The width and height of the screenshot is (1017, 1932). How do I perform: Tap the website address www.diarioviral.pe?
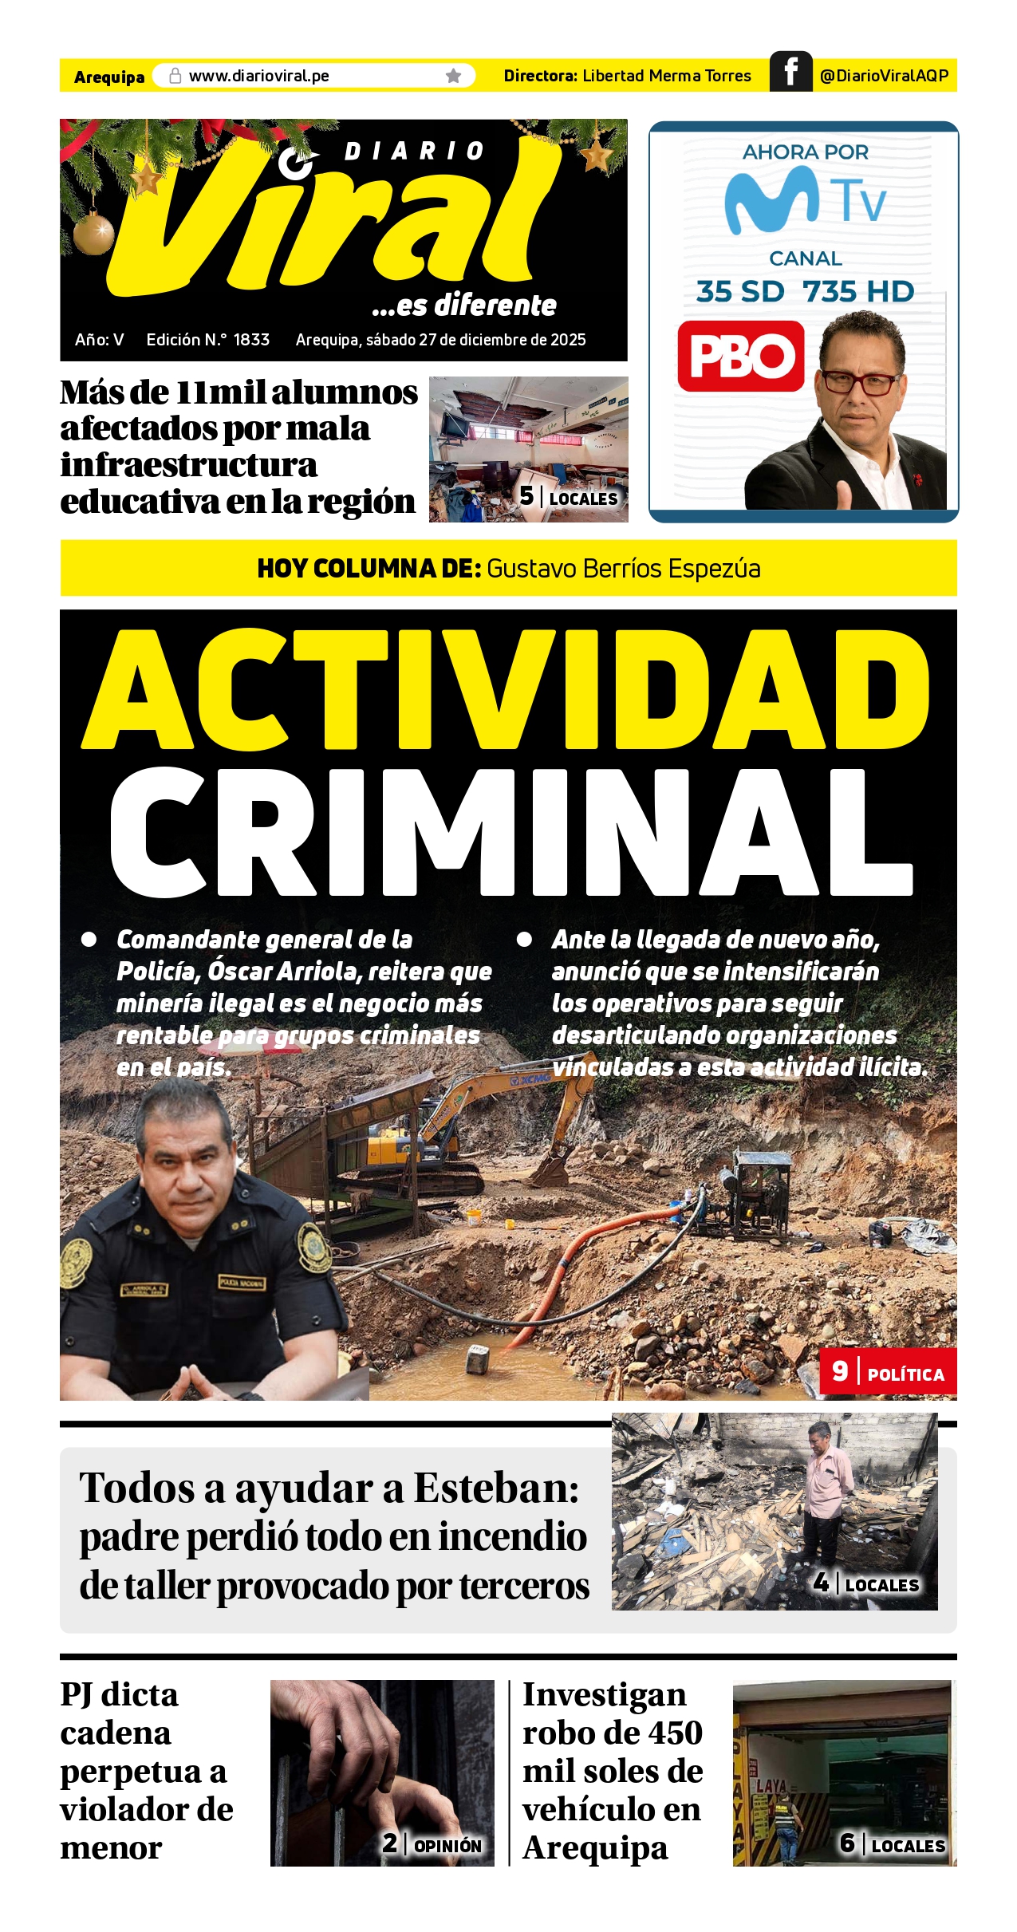(258, 76)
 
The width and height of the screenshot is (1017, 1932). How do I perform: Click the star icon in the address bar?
(453, 76)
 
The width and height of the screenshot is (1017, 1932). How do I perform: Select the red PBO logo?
(741, 356)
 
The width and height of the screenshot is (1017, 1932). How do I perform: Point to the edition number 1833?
(251, 340)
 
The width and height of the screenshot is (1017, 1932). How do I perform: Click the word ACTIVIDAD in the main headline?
(507, 690)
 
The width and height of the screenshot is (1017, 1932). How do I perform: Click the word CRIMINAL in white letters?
(510, 834)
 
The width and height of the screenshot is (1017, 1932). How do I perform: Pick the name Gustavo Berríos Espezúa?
(623, 569)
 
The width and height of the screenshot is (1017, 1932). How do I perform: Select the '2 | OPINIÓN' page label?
(432, 1843)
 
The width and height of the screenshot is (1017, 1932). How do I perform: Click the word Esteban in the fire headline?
(495, 1488)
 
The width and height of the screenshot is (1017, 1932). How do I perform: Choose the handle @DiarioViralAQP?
(884, 76)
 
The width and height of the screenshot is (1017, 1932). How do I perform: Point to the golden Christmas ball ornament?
(94, 232)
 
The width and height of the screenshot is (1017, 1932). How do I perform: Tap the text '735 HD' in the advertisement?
(858, 292)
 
